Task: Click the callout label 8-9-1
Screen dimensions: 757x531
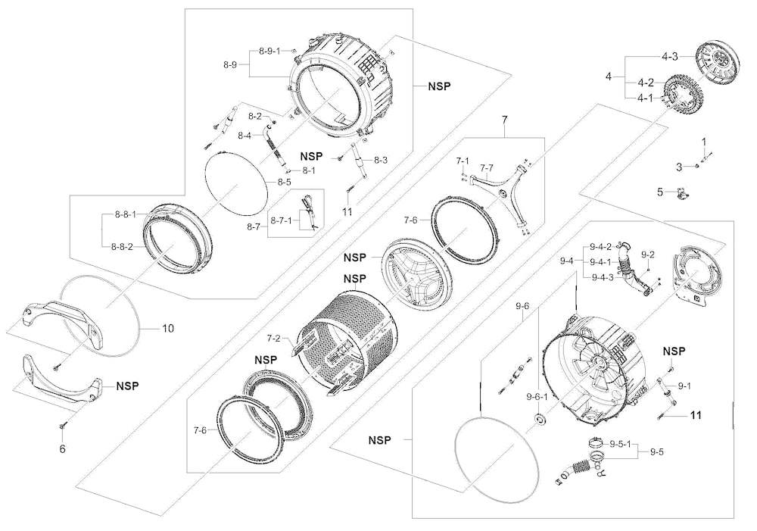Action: (269, 52)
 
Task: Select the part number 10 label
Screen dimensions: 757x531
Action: (167, 329)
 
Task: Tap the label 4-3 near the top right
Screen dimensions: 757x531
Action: (670, 57)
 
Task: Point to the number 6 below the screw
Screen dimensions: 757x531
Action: (62, 449)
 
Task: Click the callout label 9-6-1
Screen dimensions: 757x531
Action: (537, 397)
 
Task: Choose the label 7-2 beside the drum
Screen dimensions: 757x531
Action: (274, 338)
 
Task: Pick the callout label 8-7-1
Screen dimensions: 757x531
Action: (281, 220)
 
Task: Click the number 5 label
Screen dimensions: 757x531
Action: (660, 192)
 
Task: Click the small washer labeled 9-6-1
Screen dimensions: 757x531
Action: (539, 419)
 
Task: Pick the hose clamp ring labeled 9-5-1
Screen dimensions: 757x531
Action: (597, 441)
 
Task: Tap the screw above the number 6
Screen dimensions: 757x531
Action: (62, 425)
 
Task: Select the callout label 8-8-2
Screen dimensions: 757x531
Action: (122, 246)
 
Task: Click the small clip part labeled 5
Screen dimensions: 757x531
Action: (682, 193)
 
